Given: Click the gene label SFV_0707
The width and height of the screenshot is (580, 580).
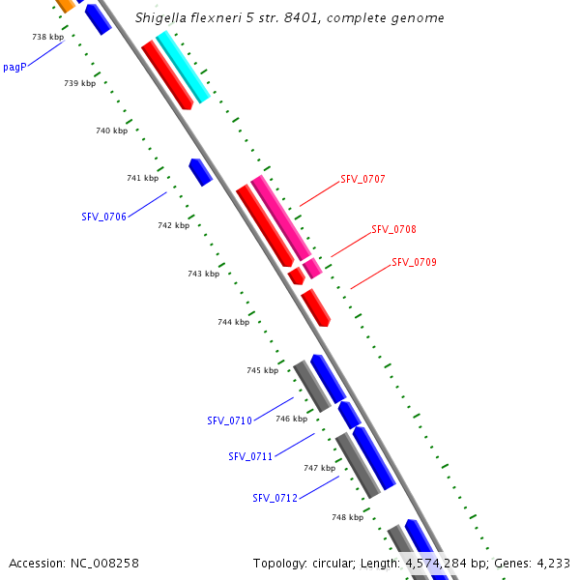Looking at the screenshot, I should pyautogui.click(x=362, y=180).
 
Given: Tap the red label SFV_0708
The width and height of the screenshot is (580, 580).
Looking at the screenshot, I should pyautogui.click(x=393, y=230).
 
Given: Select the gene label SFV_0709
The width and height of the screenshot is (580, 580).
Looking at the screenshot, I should pyautogui.click(x=414, y=263).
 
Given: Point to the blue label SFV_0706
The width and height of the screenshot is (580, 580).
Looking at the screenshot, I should pyautogui.click(x=103, y=217).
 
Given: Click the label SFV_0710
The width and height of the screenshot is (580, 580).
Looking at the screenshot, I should pyautogui.click(x=229, y=421).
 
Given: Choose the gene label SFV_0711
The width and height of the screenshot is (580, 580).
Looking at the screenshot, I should pyautogui.click(x=250, y=456).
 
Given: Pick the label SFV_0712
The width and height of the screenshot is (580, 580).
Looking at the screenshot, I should pyautogui.click(x=275, y=499).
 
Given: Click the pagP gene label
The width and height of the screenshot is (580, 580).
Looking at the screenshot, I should pyautogui.click(x=14, y=68).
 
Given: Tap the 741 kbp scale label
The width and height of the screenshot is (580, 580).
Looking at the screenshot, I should pyautogui.click(x=142, y=179).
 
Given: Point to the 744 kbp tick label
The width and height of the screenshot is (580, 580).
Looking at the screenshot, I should pyautogui.click(x=233, y=323).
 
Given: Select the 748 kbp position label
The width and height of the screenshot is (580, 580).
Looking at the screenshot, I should pyautogui.click(x=347, y=518).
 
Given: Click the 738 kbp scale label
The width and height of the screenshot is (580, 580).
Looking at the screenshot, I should pyautogui.click(x=47, y=38).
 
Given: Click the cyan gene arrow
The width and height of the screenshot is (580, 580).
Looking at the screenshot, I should pyautogui.click(x=183, y=67).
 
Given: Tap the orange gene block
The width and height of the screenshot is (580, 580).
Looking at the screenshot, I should pyautogui.click(x=65, y=5).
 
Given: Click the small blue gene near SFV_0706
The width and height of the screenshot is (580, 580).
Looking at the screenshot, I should pyautogui.click(x=200, y=172).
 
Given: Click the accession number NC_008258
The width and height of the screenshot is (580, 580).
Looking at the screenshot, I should pyautogui.click(x=103, y=563).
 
